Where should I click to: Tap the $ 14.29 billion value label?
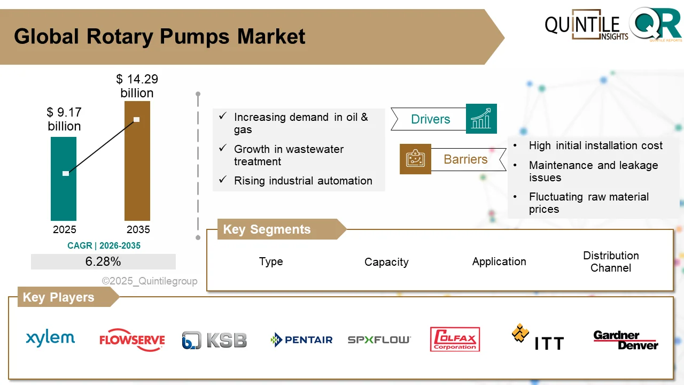coord(137,86)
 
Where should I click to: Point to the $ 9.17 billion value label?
coord(64,119)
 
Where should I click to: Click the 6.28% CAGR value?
coord(103,261)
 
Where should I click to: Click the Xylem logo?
coord(51,338)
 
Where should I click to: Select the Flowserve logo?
coord(132,340)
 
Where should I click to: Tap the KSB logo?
coord(214,340)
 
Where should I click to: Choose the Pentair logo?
coord(301,340)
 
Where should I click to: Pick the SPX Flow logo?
coord(379,340)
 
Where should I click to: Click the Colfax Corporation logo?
coord(455,340)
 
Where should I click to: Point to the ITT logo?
coord(538,337)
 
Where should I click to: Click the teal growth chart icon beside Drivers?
coord(481,119)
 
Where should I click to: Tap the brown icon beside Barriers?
coord(415,159)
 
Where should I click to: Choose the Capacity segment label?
coord(386,262)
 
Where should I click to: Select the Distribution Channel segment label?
coord(611,261)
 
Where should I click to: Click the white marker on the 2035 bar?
coord(137,119)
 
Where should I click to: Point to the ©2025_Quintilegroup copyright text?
coord(150,281)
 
